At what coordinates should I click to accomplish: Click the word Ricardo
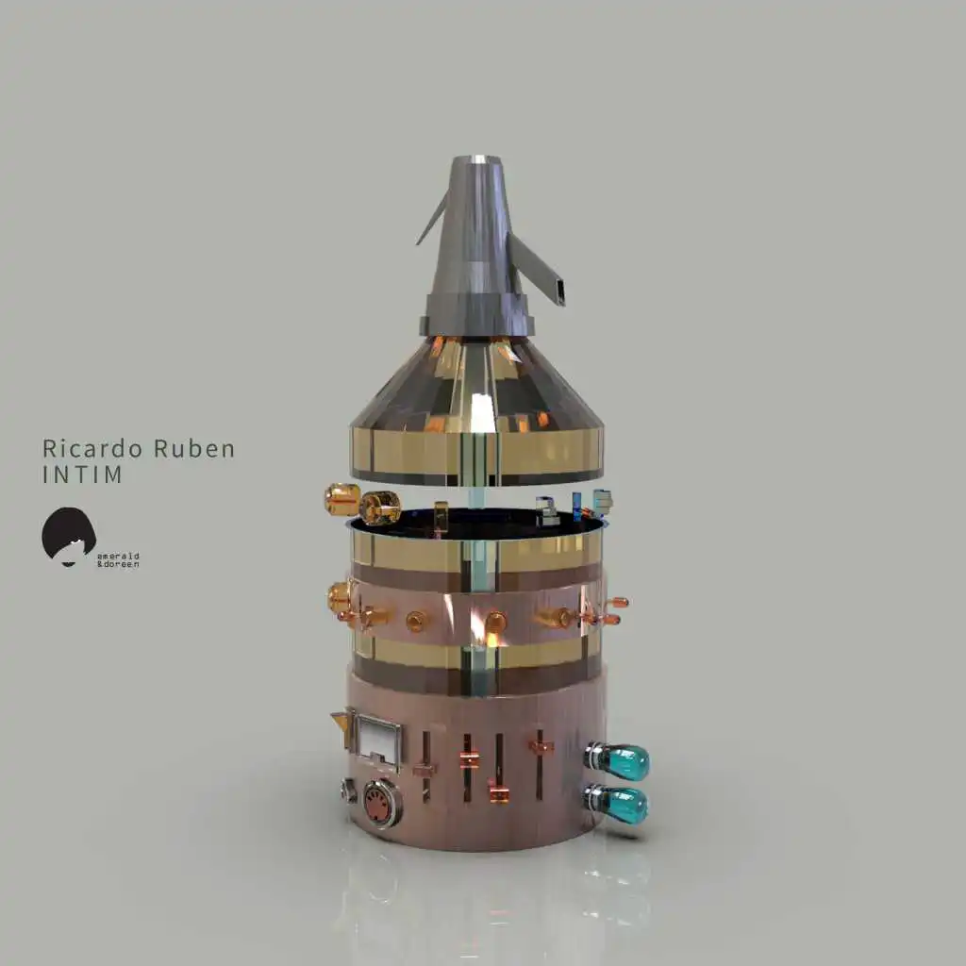pyautogui.click(x=92, y=448)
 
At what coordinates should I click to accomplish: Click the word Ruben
pyautogui.click(x=194, y=448)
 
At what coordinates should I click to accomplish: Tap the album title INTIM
pyautogui.click(x=82, y=475)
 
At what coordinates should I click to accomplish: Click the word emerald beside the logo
pyautogui.click(x=118, y=556)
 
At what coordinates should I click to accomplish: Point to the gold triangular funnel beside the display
pyautogui.click(x=341, y=721)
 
